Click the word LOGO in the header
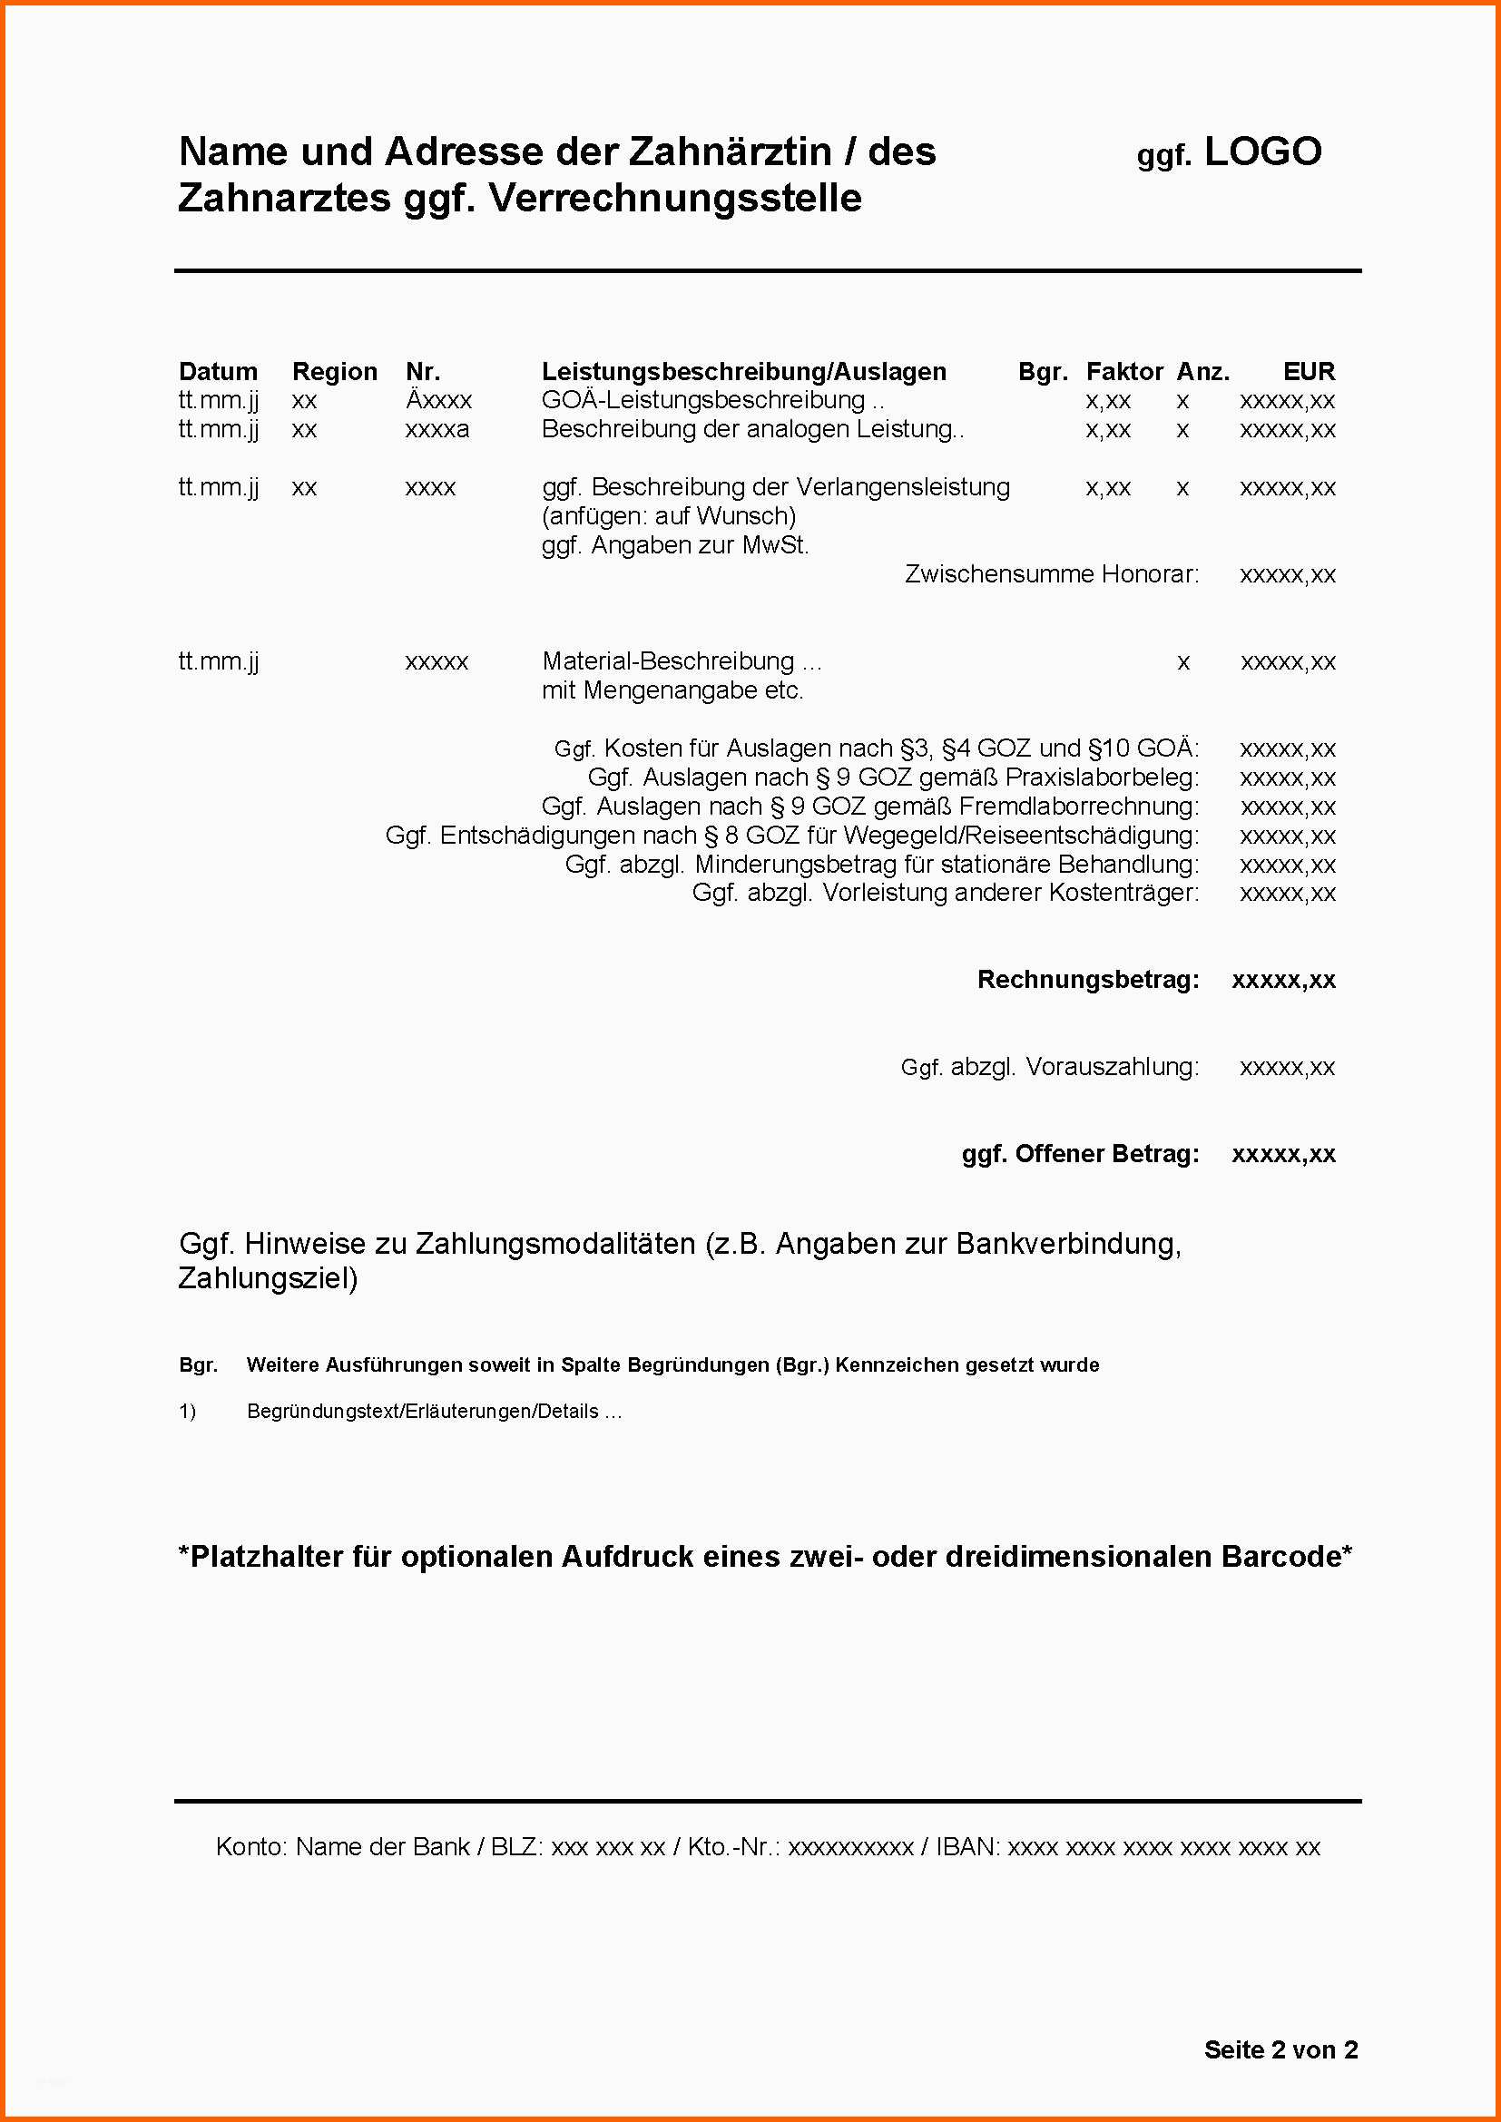coord(1262,152)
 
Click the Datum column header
coord(218,372)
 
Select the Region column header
coord(335,372)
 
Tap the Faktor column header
coord(1123,372)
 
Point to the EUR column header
coord(1309,372)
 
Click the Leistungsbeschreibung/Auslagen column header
coord(744,372)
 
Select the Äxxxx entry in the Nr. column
coord(439,400)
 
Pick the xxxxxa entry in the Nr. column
coord(437,430)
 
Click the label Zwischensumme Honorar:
coord(1052,574)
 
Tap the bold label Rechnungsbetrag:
coord(1088,980)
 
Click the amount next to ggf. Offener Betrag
coord(1283,1154)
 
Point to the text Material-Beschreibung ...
coord(668,661)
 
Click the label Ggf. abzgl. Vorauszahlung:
coord(1050,1068)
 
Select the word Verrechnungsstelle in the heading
coord(676,199)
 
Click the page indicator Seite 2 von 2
coord(1280,2050)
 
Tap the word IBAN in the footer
coord(966,1847)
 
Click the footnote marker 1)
coord(188,1412)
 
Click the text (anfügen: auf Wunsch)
coord(668,515)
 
